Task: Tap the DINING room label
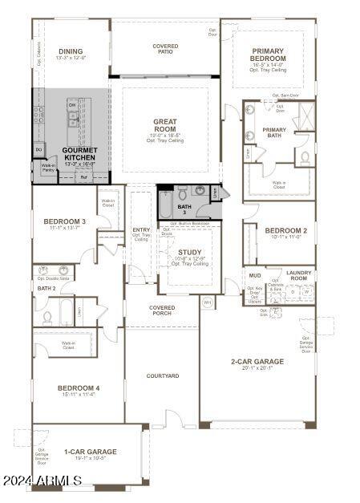point(71,51)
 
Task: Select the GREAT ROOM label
point(165,126)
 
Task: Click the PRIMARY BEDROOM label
point(268,55)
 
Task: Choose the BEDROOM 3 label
point(66,221)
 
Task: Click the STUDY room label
point(190,252)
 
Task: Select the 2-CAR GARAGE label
point(257,362)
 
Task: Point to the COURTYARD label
point(163,376)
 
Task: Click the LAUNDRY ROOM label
point(299,275)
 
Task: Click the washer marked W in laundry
point(305,293)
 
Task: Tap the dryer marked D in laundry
point(293,293)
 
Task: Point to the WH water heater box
point(207,302)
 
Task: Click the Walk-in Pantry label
point(48,168)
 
